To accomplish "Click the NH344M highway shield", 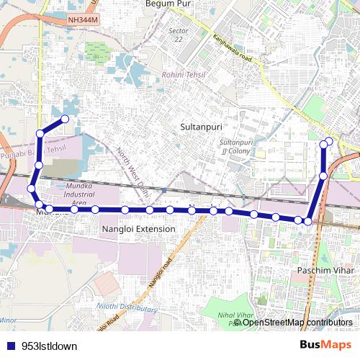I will (x=83, y=22).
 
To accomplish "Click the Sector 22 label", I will (x=178, y=35).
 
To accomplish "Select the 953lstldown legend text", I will (x=49, y=346).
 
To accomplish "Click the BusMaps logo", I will (x=325, y=345).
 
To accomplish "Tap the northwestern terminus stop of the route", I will (x=65, y=119).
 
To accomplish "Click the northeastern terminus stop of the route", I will (x=329, y=140).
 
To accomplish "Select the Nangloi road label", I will (x=161, y=274).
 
